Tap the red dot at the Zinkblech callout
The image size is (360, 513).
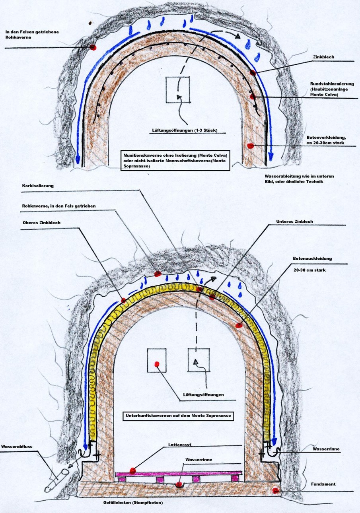click(x=253, y=72)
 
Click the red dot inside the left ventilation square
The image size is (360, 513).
click(x=157, y=363)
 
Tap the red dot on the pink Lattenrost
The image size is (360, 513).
click(x=133, y=470)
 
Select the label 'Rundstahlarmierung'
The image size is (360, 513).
click(x=330, y=84)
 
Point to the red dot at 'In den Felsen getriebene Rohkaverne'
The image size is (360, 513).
click(x=93, y=47)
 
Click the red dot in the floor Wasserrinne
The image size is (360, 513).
click(x=179, y=484)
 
